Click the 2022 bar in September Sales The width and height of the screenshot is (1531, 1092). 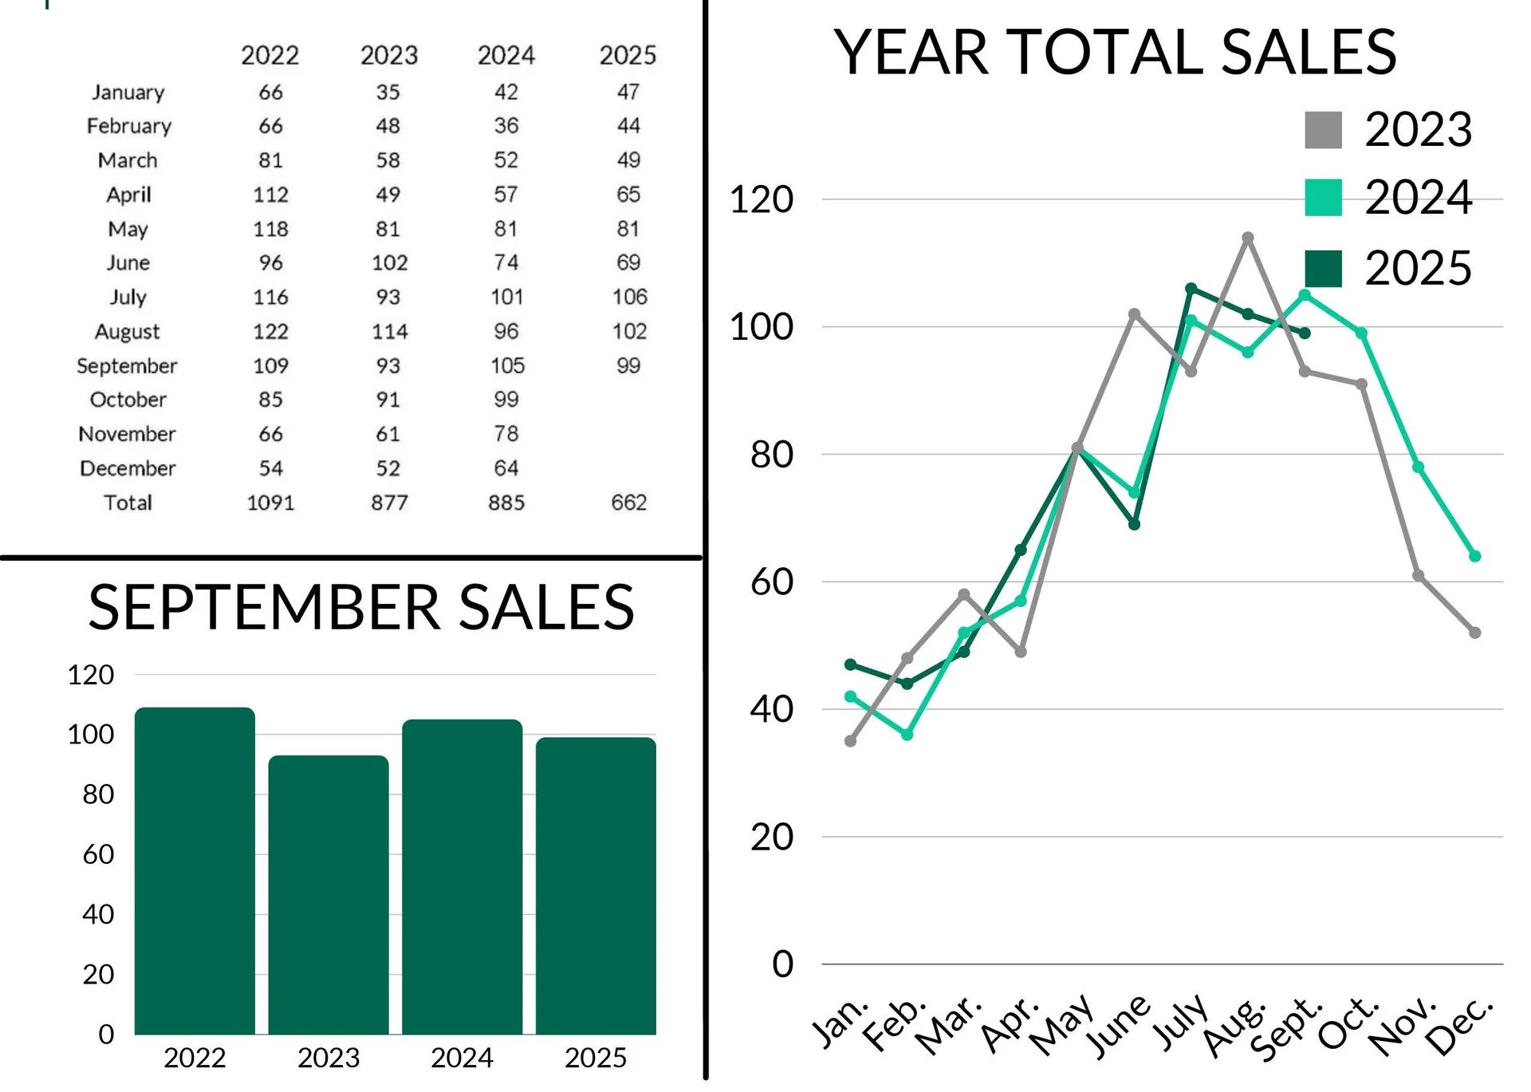click(195, 870)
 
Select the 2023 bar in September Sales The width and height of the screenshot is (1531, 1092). click(329, 894)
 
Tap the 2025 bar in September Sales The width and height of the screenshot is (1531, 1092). click(596, 885)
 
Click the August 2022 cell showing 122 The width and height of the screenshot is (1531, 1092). click(270, 331)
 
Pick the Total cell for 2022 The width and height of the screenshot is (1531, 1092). click(270, 503)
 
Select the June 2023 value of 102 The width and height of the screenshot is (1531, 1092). click(389, 262)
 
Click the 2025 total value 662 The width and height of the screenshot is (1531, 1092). click(628, 503)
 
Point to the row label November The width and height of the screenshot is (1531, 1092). click(127, 434)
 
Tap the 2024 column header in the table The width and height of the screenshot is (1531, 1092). click(506, 55)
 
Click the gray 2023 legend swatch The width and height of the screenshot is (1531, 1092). click(1323, 130)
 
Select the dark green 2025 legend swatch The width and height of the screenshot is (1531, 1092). click(1323, 268)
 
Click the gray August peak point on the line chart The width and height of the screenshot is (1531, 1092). click(1248, 238)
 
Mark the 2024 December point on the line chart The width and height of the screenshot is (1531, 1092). click(1474, 556)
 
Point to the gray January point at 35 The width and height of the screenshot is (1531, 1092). click(850, 741)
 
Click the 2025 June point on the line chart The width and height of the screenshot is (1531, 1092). click(1134, 524)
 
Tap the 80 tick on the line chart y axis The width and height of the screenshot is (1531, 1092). click(771, 454)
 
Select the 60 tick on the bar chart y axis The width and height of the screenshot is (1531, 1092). click(98, 854)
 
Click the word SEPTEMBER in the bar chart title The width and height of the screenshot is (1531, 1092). click(264, 607)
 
